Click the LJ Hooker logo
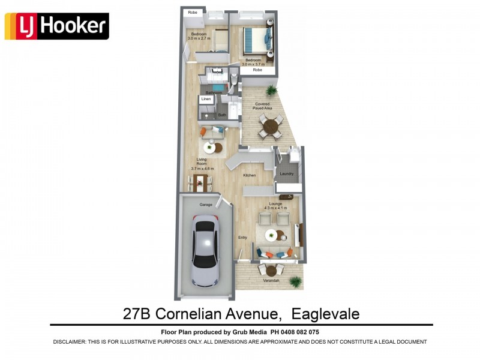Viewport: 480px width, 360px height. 56,26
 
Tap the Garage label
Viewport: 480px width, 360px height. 206,205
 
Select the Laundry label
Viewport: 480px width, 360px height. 286,174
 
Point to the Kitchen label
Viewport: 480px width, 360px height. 249,175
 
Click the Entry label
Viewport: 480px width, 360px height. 242,238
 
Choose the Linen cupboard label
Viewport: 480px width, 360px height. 206,99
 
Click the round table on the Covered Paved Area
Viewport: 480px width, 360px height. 271,125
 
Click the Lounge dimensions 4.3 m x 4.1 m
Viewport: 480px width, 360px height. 276,208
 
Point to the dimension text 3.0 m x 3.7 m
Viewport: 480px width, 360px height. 253,64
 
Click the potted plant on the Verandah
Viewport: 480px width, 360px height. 295,280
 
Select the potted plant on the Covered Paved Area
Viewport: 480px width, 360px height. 272,91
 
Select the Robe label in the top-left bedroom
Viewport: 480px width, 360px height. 193,12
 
